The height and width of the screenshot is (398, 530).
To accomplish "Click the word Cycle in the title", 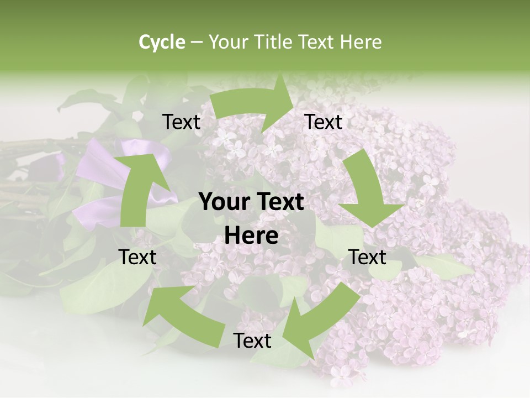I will pyautogui.click(x=162, y=42).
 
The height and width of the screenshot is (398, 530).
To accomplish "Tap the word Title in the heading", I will pyautogui.click(x=274, y=42).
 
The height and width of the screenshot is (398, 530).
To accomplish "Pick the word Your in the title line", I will pyautogui.click(x=227, y=42).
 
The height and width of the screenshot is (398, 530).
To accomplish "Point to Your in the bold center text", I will pyautogui.click(x=222, y=202).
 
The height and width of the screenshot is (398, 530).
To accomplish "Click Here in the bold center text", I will pyautogui.click(x=251, y=236).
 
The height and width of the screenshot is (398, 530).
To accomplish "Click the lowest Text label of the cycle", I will pyautogui.click(x=252, y=341).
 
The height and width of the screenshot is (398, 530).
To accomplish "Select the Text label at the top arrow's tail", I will pyautogui.click(x=181, y=122).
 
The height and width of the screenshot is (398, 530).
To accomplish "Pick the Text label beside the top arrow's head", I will pyautogui.click(x=324, y=122).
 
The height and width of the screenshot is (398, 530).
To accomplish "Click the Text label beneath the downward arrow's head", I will pyautogui.click(x=368, y=257).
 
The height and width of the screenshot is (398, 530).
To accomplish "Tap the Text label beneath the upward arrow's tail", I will pyautogui.click(x=137, y=257).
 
